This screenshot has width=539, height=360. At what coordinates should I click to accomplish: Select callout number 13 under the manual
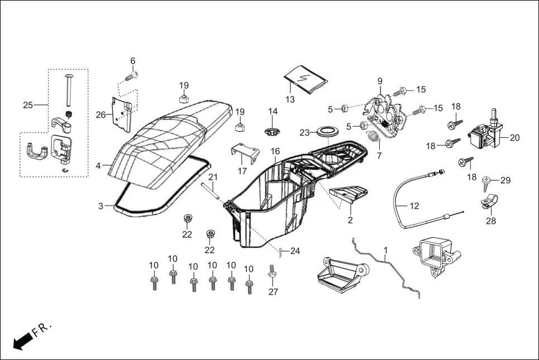click(290, 99)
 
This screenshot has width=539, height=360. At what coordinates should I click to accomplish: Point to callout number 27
click(273, 291)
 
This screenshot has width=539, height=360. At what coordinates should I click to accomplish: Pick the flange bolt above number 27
click(273, 273)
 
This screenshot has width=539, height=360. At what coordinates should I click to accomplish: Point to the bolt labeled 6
click(133, 74)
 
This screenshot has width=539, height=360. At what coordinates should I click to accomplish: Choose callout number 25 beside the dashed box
click(28, 105)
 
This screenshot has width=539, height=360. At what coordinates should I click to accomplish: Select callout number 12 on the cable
click(414, 205)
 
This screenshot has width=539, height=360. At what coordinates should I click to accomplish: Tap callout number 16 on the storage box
click(275, 151)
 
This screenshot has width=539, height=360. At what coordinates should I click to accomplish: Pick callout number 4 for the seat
click(98, 166)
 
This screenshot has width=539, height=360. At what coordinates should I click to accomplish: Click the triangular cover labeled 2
click(349, 195)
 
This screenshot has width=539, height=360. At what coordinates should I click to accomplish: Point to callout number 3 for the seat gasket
click(101, 206)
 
